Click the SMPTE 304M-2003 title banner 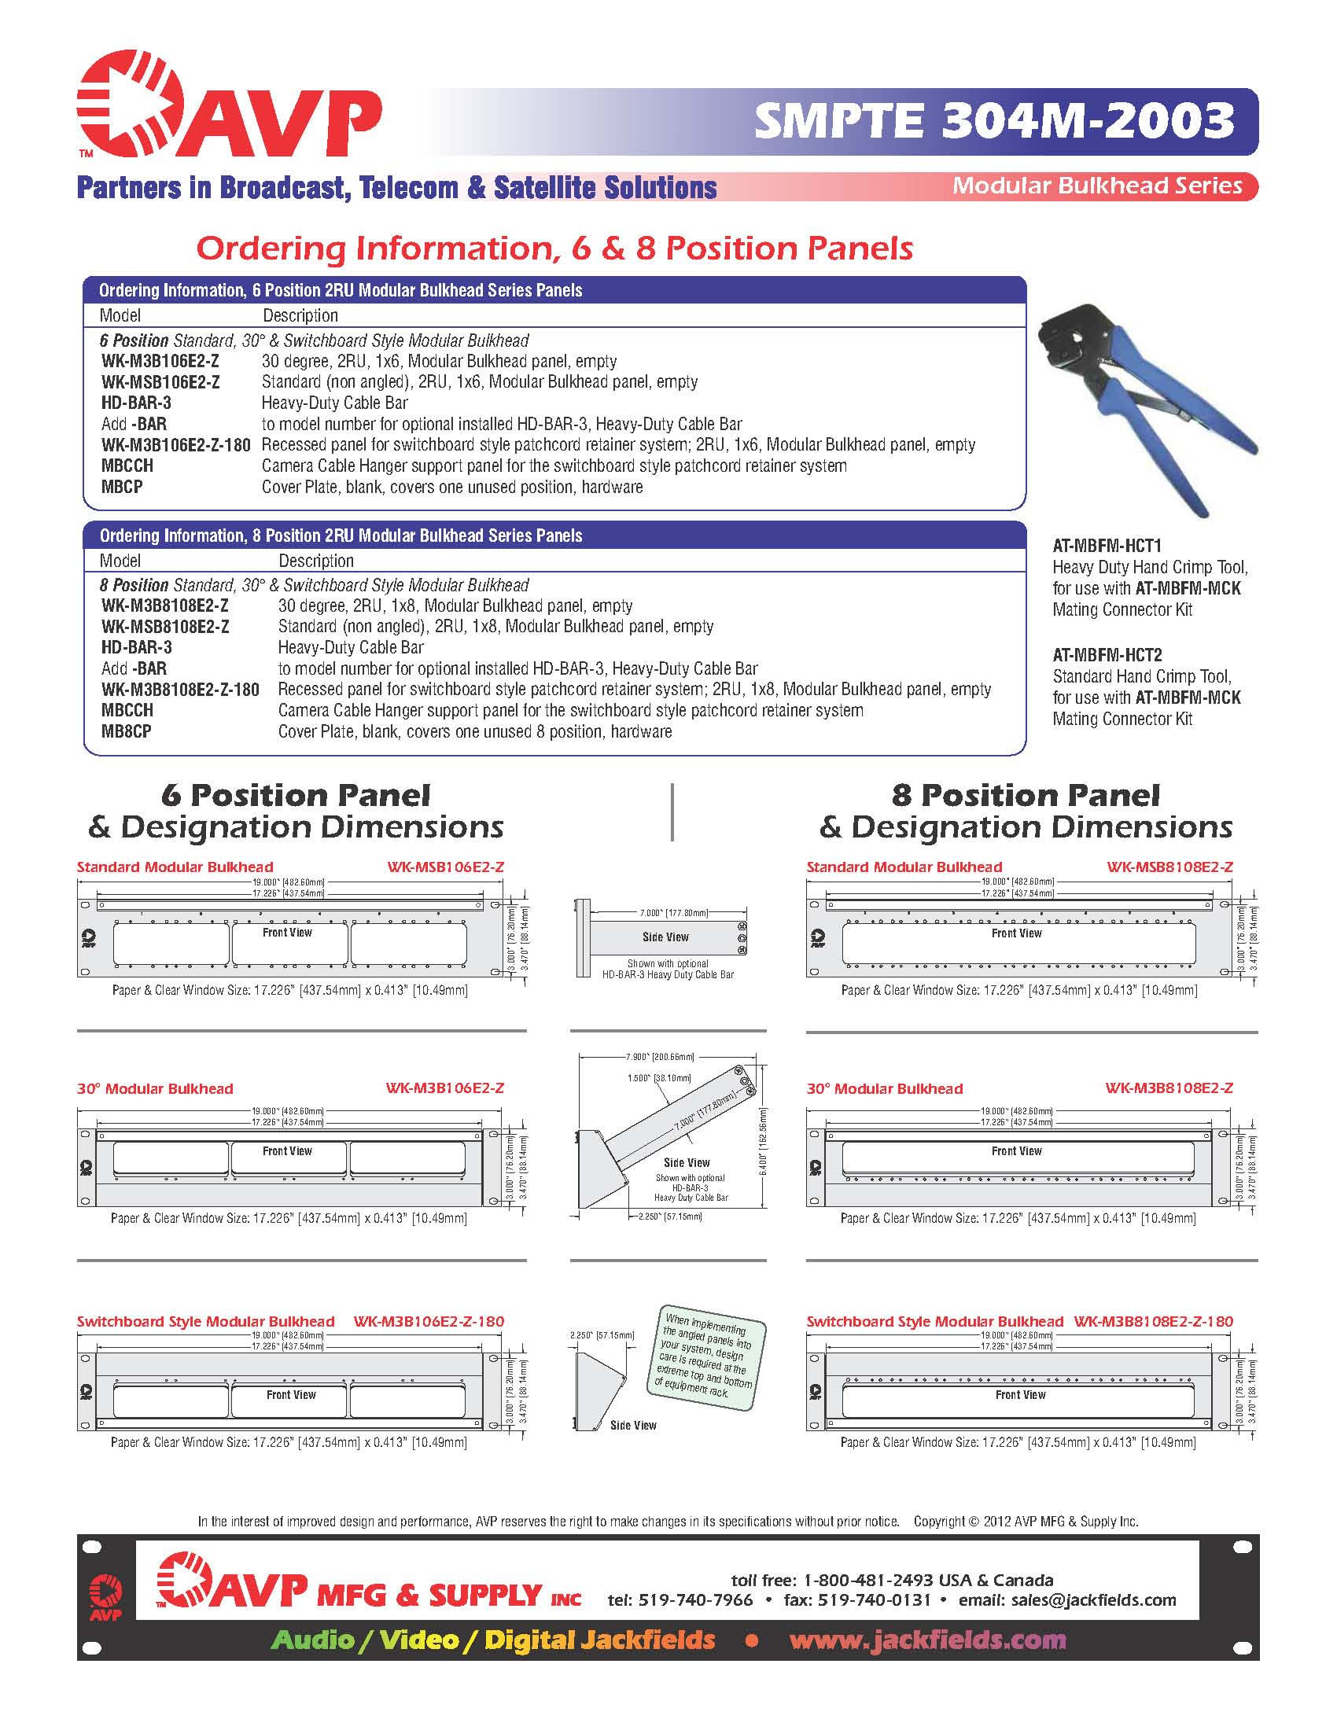coord(993,121)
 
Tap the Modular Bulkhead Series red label coord(1097,186)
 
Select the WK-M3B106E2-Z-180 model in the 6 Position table coord(176,445)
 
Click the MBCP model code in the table coord(122,488)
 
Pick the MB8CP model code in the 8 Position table coord(126,732)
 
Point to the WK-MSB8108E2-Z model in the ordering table coord(165,627)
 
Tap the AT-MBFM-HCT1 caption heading coord(1107,546)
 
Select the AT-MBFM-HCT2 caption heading coord(1107,655)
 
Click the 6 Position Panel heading coord(296,795)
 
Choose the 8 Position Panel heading coord(1025,795)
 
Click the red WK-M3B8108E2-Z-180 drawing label coord(1153,1322)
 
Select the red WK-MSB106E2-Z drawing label coord(445,867)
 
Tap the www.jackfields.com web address coord(927,1640)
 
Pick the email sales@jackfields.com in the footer coord(1093,1600)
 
